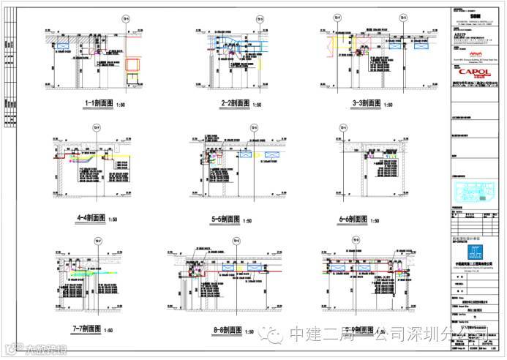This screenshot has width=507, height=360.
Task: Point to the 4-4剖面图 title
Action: point(91,218)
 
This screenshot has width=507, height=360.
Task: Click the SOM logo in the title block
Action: point(476,13)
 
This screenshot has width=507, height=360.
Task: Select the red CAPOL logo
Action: point(475,72)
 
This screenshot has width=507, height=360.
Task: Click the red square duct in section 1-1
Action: point(132,64)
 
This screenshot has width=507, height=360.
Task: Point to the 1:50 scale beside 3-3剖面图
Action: point(388,105)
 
